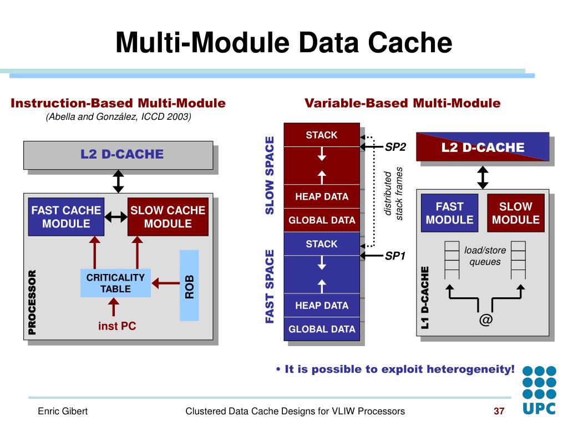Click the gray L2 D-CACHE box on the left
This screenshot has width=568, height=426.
point(118,155)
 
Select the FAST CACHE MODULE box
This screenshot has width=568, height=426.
point(67,217)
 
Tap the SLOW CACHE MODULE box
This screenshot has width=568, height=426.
point(168,217)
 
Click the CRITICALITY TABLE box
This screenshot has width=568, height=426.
point(115,283)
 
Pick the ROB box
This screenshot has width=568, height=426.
point(189,286)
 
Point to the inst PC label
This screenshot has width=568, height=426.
point(117,326)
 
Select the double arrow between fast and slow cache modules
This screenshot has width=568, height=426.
point(116,217)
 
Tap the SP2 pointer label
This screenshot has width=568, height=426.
point(395,147)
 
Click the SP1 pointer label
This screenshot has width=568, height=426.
point(395,256)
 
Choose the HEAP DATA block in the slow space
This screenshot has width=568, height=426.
point(322,196)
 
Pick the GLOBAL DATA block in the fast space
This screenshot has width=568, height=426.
point(322,329)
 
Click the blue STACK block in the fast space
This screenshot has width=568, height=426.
point(322,244)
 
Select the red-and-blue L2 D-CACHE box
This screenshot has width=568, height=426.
point(483,146)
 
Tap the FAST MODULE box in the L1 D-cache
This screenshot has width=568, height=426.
point(449,213)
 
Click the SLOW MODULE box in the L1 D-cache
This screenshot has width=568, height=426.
point(516,213)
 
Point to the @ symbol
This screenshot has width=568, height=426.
point(485,319)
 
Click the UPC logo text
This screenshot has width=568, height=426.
point(539,409)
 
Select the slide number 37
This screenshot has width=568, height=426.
point(499,411)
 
